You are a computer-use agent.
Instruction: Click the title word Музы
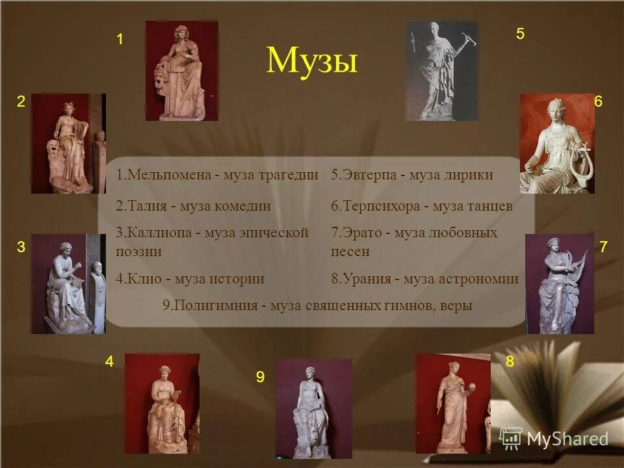[x=312, y=62]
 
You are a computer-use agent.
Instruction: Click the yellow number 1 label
[x=120, y=40]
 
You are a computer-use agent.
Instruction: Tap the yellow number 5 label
[x=520, y=34]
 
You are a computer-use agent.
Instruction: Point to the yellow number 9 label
[x=260, y=377]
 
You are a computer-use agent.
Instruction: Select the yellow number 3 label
[x=21, y=247]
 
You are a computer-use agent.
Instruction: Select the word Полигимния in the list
[x=210, y=305]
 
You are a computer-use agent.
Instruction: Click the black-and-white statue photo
[x=441, y=71]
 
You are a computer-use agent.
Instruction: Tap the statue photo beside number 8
[x=453, y=403]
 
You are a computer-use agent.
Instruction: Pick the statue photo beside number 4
[x=162, y=403]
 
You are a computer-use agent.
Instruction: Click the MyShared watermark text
[x=567, y=439]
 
